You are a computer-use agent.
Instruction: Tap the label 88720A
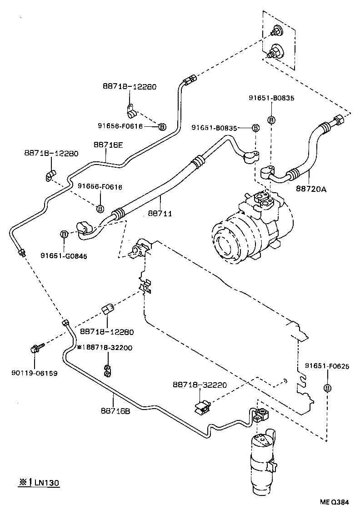(x=311, y=188)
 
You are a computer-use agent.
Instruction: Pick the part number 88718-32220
(x=200, y=385)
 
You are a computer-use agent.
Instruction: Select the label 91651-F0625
(x=327, y=366)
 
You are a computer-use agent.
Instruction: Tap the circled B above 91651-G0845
(x=64, y=234)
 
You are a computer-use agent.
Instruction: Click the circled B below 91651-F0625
(x=327, y=387)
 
